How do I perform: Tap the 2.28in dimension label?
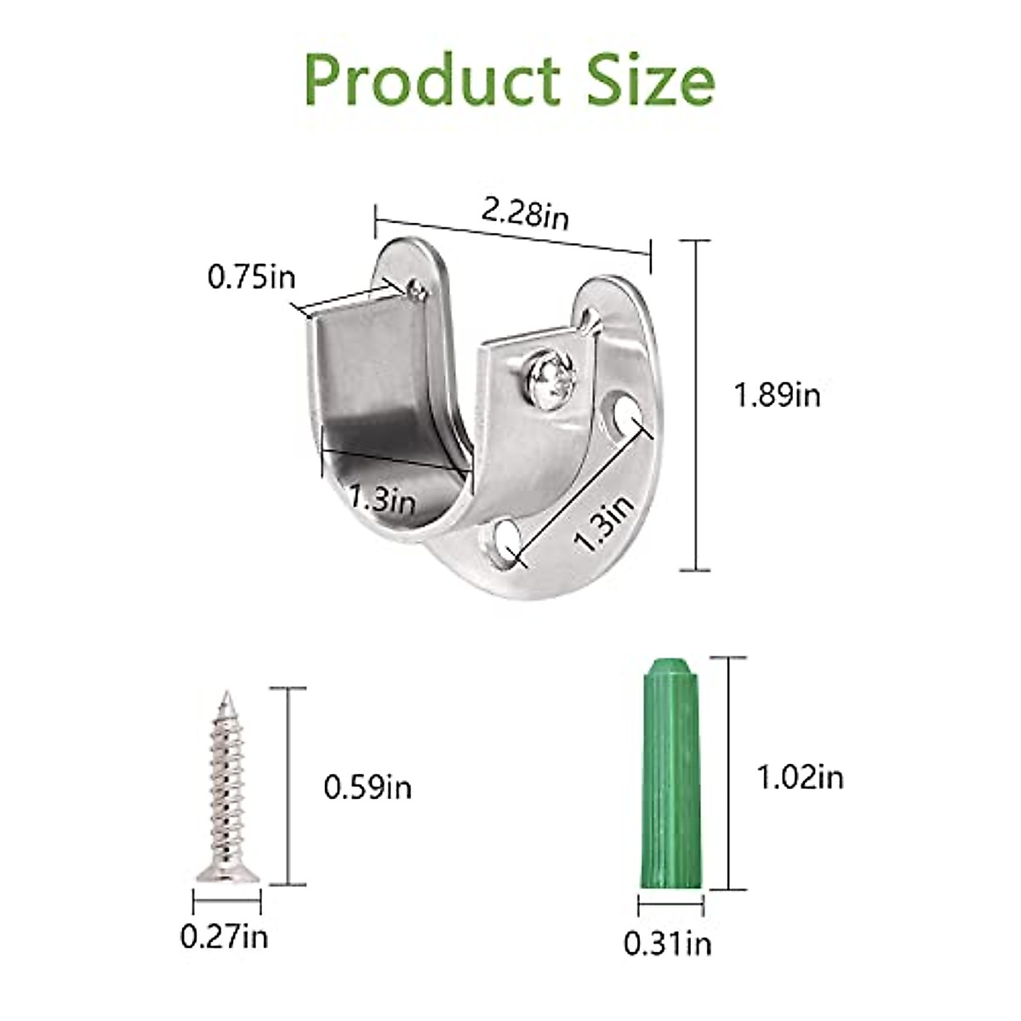(525, 214)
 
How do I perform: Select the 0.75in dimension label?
(251, 277)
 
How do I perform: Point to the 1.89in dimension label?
(777, 395)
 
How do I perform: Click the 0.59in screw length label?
(368, 787)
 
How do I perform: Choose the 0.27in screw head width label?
(224, 938)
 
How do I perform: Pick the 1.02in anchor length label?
(800, 776)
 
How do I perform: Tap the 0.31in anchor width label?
(668, 943)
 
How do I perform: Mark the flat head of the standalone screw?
(227, 873)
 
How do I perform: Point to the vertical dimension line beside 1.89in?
(697, 405)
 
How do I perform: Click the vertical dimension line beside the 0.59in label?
(290, 786)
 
